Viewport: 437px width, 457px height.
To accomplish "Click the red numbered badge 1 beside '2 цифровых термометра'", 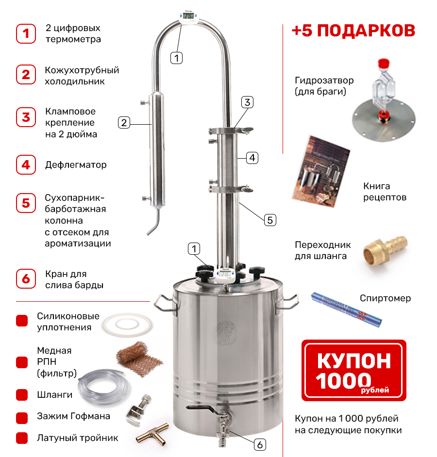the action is tap(26, 33).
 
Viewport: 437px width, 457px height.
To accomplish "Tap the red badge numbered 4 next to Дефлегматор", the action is tap(26, 164).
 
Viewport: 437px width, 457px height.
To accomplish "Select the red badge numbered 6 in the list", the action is tap(26, 278).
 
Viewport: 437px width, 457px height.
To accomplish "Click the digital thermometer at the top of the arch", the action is tap(189, 17).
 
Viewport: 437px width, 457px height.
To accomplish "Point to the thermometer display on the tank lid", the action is tap(225, 274).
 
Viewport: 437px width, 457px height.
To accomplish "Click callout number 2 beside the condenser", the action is tap(124, 123).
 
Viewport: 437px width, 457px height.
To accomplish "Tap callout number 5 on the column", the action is tap(270, 220).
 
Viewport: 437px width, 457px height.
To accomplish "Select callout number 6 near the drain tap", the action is tap(260, 445).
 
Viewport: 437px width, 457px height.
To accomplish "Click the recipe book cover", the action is tap(321, 171).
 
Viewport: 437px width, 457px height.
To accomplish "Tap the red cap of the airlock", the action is tap(384, 64).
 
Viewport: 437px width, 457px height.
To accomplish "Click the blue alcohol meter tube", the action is tap(346, 310).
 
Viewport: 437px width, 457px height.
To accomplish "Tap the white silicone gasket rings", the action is tap(127, 325).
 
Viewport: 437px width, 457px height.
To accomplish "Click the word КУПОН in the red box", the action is tap(354, 361).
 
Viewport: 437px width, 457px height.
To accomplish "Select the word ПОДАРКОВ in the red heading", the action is tap(366, 31).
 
